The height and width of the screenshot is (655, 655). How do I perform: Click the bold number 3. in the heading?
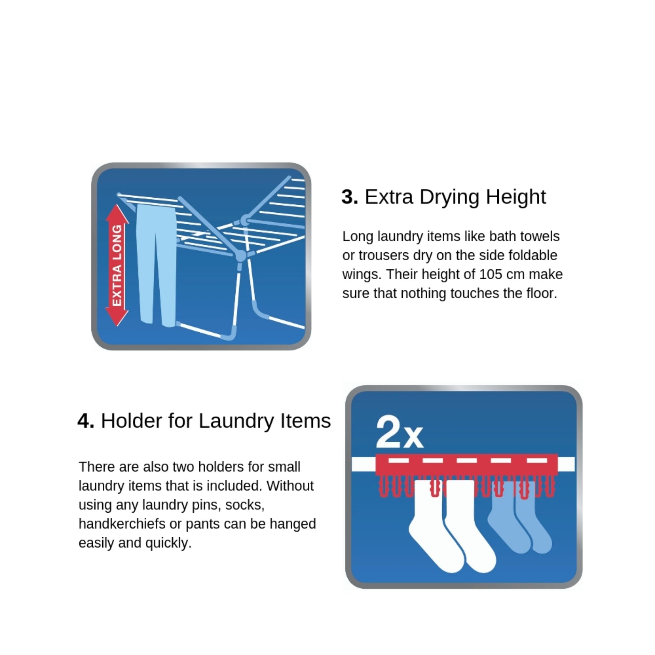pos(350,197)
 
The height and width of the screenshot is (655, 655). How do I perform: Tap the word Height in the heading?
pos(516,197)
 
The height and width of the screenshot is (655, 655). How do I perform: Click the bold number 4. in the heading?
pos(86,421)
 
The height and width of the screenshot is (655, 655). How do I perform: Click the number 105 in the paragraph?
pos(490,274)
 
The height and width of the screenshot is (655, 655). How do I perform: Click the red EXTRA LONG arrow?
pos(117,265)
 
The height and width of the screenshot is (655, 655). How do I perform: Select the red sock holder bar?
pos(467,464)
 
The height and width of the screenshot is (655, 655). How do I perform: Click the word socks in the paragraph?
pos(245,505)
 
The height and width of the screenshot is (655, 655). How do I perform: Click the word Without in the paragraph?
pos(290,486)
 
